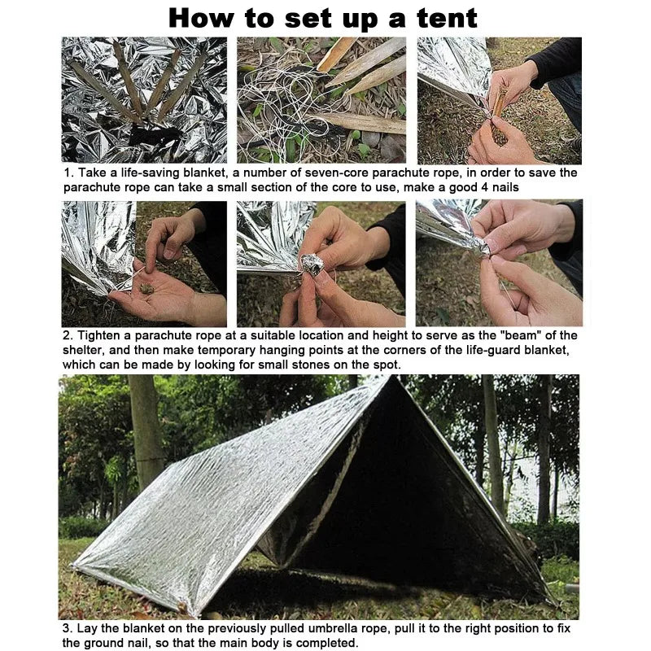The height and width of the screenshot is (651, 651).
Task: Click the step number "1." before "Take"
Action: (x=68, y=173)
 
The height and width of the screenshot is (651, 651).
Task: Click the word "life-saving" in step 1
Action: (x=147, y=173)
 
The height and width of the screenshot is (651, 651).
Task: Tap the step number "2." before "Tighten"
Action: (x=68, y=335)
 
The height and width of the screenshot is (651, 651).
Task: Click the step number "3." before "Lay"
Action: (x=68, y=628)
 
